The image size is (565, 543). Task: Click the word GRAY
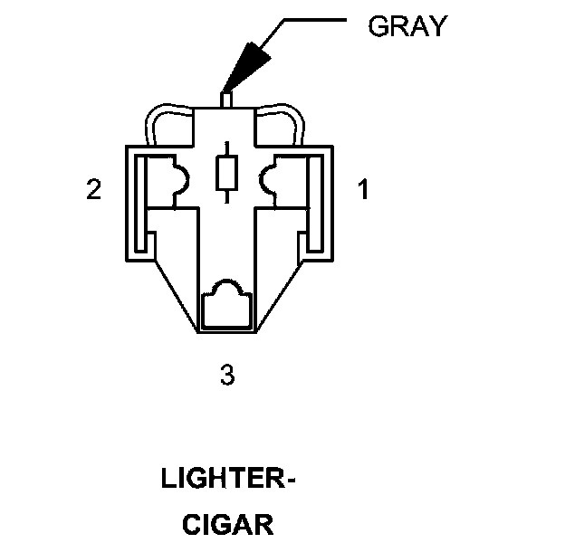(407, 26)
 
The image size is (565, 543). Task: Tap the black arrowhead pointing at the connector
(250, 64)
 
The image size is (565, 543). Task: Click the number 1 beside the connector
(362, 190)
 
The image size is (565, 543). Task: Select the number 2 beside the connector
(93, 190)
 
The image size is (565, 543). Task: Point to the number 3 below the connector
(227, 374)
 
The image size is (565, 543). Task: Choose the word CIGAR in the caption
(227, 524)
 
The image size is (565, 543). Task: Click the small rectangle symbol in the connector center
(226, 171)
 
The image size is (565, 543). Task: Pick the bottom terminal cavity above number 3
(226, 305)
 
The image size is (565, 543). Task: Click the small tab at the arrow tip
(226, 95)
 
